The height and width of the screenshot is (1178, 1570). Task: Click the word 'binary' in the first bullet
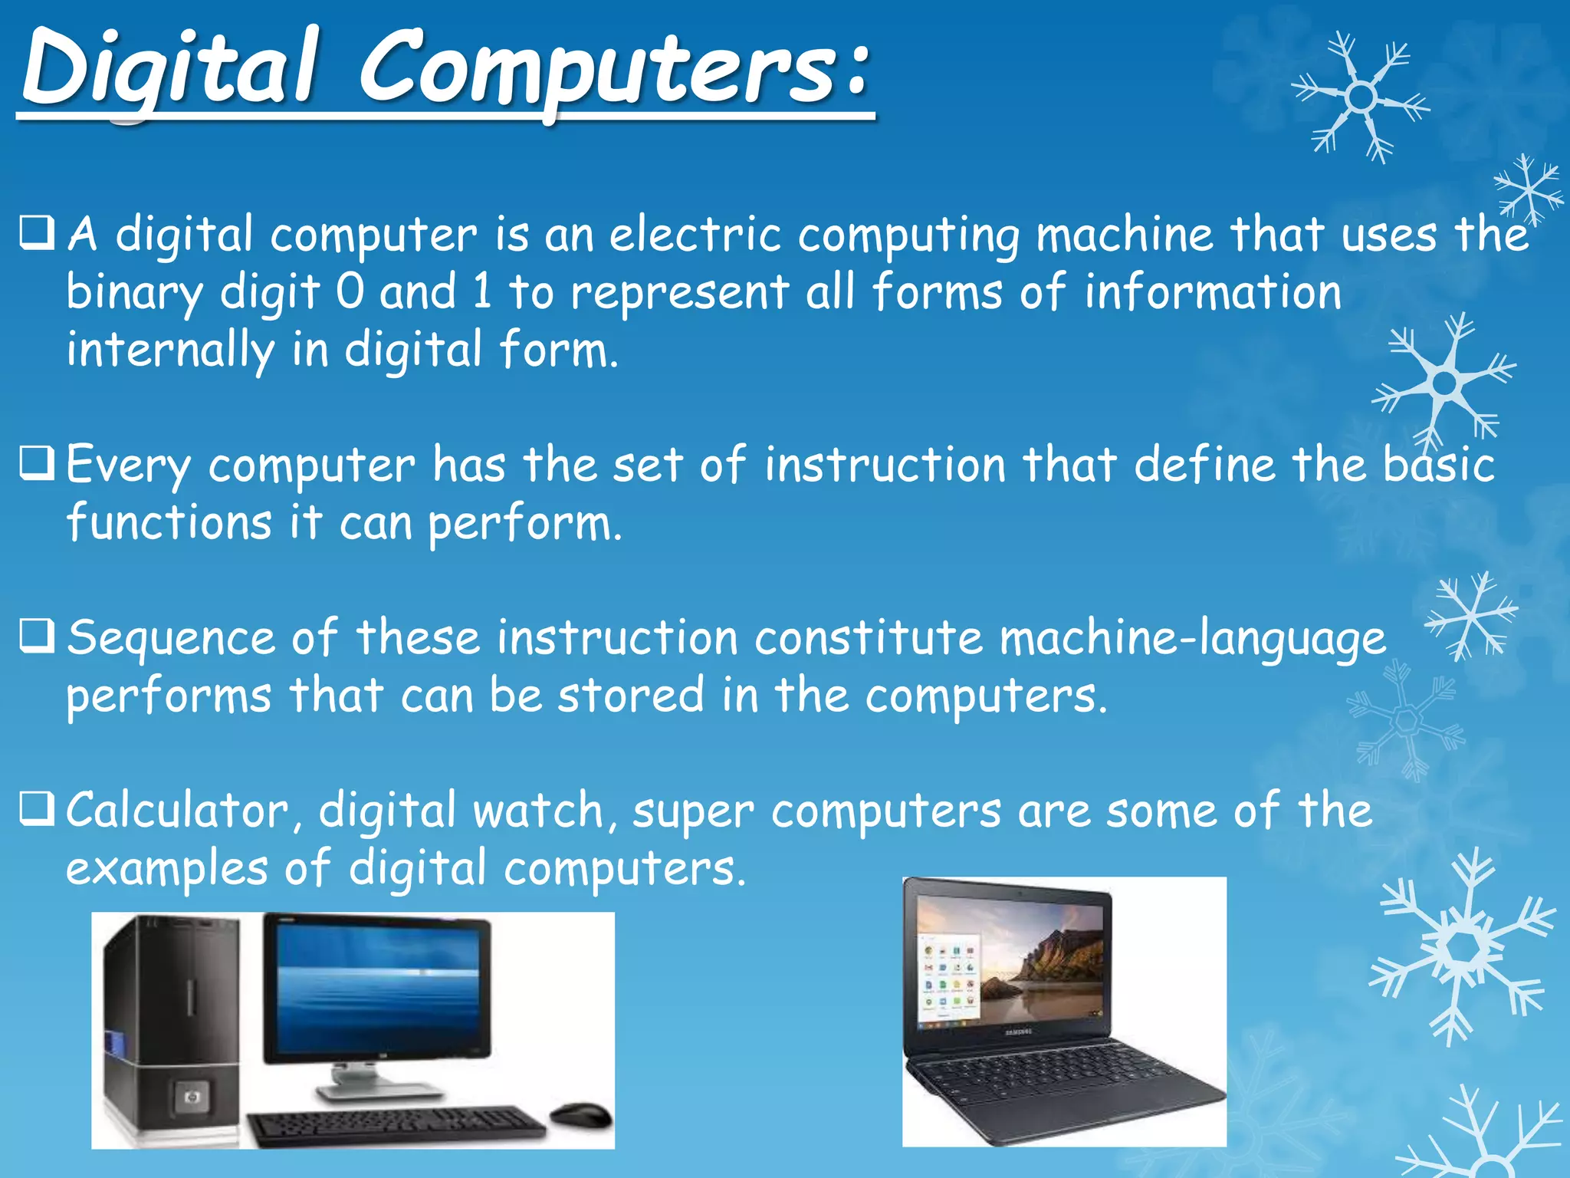135,294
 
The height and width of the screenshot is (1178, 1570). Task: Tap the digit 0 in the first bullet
350,292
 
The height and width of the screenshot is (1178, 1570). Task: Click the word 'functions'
169,523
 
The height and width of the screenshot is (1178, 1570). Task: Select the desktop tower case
170,1028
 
